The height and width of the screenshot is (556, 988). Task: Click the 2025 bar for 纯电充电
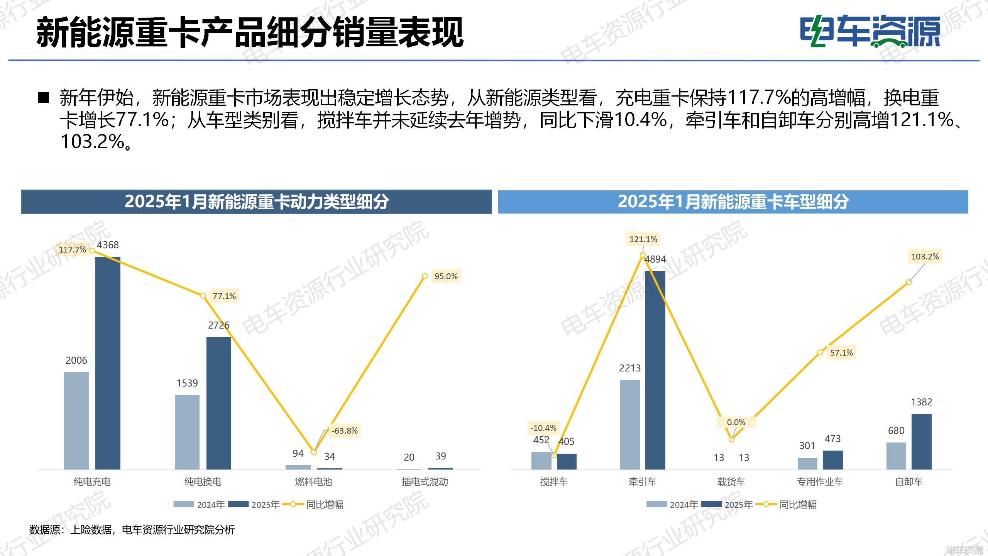coord(108,363)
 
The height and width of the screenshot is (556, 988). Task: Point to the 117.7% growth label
coord(72,250)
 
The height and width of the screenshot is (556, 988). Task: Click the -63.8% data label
coord(345,431)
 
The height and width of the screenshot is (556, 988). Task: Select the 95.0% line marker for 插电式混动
coord(425,276)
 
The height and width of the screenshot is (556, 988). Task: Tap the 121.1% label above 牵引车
coord(643,239)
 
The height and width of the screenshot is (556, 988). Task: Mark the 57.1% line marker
coord(820,353)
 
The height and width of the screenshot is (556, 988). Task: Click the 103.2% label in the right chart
coord(925,256)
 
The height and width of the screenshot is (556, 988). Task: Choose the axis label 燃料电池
coord(313,482)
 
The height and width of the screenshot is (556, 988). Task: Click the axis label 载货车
coord(731,482)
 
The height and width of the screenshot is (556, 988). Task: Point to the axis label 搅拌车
coord(554,482)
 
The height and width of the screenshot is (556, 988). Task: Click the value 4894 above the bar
coord(655,259)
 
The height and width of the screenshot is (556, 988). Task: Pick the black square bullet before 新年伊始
coord(44,97)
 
